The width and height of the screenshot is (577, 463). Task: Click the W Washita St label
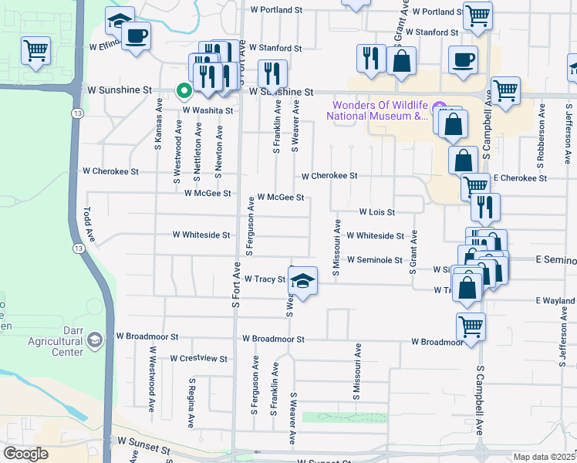208,110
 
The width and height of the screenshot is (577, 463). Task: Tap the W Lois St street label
376,211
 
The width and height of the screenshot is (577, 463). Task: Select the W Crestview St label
199,358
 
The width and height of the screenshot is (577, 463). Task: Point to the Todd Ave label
89,224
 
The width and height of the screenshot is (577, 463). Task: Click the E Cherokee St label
520,178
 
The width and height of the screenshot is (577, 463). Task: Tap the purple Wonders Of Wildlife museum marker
440,107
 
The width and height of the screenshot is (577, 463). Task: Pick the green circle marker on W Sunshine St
184,91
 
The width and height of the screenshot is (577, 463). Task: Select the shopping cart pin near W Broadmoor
471,325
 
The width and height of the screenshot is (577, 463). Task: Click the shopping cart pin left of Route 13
35,50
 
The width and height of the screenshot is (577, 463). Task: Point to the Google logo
25,453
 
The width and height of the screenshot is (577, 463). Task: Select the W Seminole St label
375,260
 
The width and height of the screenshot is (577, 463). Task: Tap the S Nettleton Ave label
198,154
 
